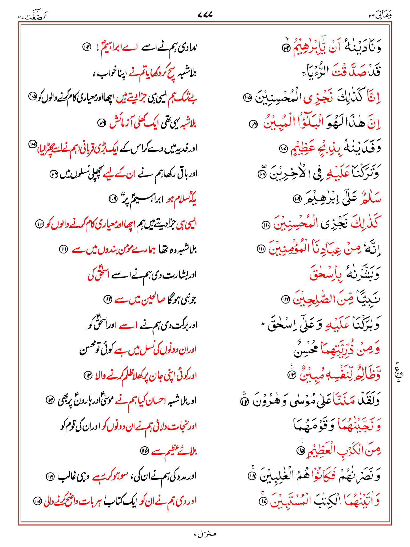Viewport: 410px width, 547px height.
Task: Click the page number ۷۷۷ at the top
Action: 205,15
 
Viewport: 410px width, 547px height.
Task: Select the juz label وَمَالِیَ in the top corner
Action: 380,15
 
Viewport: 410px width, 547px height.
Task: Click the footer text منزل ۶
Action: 205,534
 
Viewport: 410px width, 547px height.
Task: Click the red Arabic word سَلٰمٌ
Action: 370,199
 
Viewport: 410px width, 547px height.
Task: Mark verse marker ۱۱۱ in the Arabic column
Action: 261,249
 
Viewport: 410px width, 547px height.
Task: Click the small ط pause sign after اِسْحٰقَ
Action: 263,324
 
